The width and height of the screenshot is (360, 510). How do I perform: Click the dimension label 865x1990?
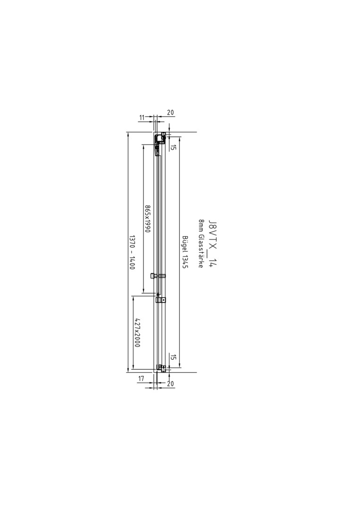148,219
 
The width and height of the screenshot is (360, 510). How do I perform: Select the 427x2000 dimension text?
137,332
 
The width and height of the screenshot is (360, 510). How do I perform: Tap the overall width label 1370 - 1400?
132,252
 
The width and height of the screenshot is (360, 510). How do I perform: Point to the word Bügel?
185,244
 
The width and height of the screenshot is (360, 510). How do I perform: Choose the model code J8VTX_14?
212,243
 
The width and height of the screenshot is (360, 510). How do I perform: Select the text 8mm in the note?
201,226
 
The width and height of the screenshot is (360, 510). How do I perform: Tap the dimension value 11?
142,118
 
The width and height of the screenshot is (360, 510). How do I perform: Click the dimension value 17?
142,379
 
